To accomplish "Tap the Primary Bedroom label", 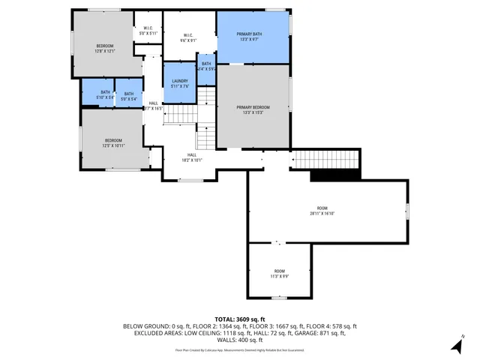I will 253,110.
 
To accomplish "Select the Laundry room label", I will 179,83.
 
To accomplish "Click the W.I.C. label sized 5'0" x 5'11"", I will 148,31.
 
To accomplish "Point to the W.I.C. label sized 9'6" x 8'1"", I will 189,38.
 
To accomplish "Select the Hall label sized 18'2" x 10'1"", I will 191,157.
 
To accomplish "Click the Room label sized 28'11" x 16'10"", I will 322,211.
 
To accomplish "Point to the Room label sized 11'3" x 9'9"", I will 279,273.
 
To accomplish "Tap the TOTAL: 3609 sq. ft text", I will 240,319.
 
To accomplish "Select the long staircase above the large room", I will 325,160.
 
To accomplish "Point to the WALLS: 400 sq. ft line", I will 240,340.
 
